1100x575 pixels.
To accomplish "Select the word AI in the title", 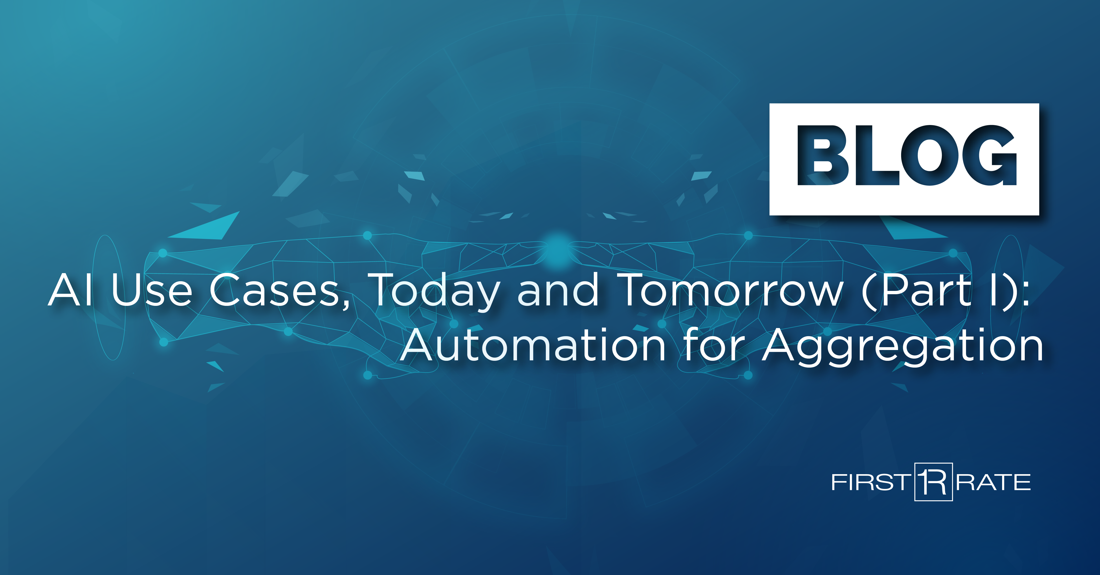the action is [70, 290].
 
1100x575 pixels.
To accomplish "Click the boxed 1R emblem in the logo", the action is [933, 482].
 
